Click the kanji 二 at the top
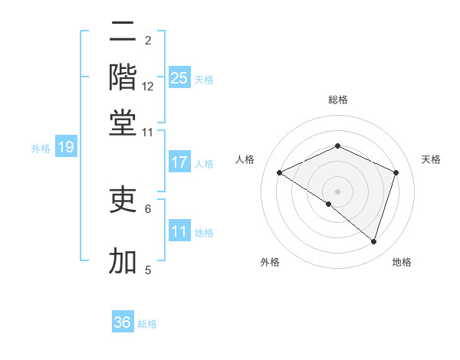click(x=123, y=32)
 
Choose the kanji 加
click(x=123, y=260)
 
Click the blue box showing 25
click(x=179, y=77)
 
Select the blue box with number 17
click(x=179, y=162)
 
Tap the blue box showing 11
click(x=179, y=231)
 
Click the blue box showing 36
click(x=123, y=322)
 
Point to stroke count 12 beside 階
click(x=148, y=86)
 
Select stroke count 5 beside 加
click(x=148, y=270)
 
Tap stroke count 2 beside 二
click(x=148, y=40)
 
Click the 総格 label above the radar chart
click(x=337, y=100)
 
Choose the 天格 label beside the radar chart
click(x=431, y=159)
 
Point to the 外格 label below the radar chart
click(x=270, y=263)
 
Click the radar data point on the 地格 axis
click(x=373, y=242)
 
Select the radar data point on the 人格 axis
click(x=280, y=172)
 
